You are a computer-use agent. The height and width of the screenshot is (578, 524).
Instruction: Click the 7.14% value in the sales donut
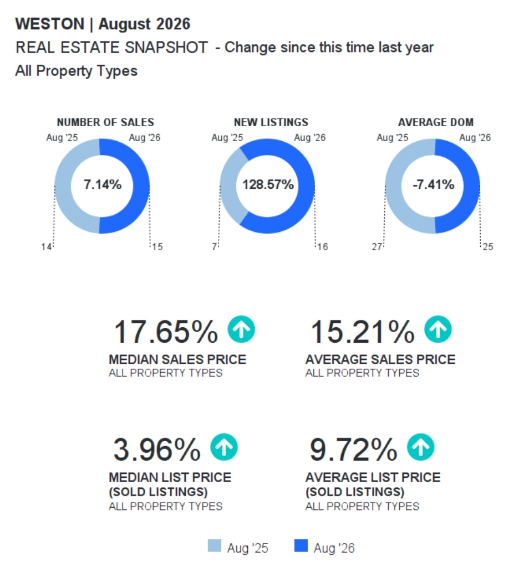[x=103, y=184]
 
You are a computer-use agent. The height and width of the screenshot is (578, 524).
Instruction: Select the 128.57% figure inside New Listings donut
[x=268, y=184]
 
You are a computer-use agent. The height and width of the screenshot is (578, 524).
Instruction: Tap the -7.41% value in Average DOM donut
[x=433, y=184]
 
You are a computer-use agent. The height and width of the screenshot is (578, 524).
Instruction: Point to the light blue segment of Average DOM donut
[x=393, y=186]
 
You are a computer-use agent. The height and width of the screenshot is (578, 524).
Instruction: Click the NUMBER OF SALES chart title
[x=105, y=122]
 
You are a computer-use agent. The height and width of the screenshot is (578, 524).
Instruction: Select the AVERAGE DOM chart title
[x=436, y=122]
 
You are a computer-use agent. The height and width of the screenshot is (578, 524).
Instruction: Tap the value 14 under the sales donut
[x=46, y=246]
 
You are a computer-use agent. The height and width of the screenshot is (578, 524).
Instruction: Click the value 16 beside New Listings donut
[x=322, y=246]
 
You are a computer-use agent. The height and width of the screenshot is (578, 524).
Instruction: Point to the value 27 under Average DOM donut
[x=377, y=246]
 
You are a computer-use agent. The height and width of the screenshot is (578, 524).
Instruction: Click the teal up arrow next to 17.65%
[x=241, y=329]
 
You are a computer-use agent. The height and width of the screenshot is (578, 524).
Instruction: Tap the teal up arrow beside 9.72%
[x=421, y=447]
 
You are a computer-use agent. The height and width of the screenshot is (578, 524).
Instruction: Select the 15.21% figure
[x=363, y=332]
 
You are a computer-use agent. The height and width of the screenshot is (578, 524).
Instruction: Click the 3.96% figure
[x=157, y=450]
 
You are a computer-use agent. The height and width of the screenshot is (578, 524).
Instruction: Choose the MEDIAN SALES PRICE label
[x=177, y=359]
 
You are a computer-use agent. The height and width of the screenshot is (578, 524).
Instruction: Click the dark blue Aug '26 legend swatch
[x=301, y=545]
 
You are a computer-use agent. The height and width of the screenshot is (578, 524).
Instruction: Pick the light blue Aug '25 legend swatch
[x=215, y=545]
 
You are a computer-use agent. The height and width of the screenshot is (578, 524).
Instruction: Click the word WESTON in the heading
[x=50, y=24]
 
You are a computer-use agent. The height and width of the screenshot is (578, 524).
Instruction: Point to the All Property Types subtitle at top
[x=77, y=71]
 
